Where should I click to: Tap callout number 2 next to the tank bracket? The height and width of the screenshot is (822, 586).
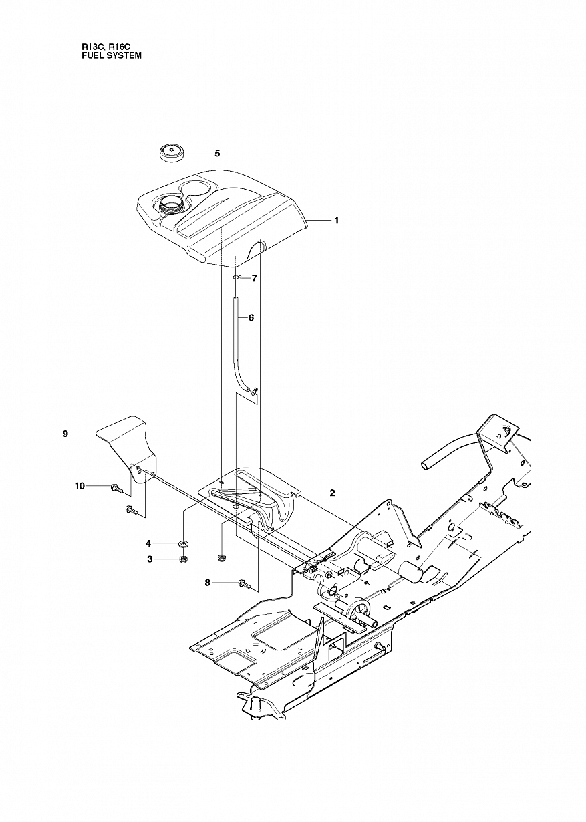(x=332, y=493)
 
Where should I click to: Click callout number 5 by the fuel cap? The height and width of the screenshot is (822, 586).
(x=217, y=154)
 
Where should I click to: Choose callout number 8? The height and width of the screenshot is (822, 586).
(x=208, y=593)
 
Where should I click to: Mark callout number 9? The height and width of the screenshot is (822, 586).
(x=65, y=434)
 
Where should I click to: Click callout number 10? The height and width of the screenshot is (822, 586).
(x=80, y=487)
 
